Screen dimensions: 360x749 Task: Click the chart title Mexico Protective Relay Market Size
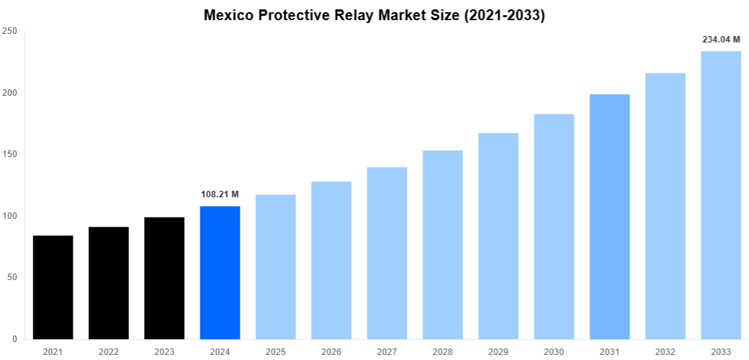pyautogui.click(x=374, y=15)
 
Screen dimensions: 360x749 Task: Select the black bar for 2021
pyautogui.click(x=53, y=287)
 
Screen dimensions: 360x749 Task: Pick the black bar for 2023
pyautogui.click(x=164, y=278)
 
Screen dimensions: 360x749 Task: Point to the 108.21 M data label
pyautogui.click(x=220, y=194)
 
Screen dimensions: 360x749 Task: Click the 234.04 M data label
pyautogui.click(x=721, y=40)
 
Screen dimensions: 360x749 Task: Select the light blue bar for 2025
pyautogui.click(x=276, y=266)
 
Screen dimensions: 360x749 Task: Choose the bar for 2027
pyautogui.click(x=387, y=253)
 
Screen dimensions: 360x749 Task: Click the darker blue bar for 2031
pyautogui.click(x=609, y=217)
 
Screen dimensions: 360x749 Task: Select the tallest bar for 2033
pyautogui.click(x=721, y=195)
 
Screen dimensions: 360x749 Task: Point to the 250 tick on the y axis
pyautogui.click(x=10, y=31)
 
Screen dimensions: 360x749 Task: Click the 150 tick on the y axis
pyautogui.click(x=10, y=154)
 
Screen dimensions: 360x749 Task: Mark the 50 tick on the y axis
pyautogui.click(x=12, y=277)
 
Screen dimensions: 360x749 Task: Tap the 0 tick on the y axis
pyautogui.click(x=15, y=338)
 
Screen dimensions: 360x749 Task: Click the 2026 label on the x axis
pyautogui.click(x=331, y=352)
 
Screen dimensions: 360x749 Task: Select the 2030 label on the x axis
pyautogui.click(x=554, y=352)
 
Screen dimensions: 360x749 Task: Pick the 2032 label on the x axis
pyautogui.click(x=665, y=352)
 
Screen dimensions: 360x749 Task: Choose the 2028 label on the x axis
pyautogui.click(x=443, y=352)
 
